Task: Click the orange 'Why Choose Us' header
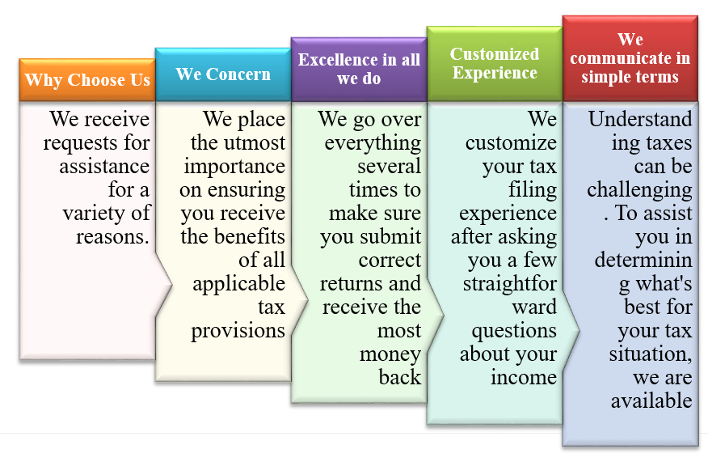click(x=87, y=79)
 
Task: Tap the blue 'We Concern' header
click(x=223, y=74)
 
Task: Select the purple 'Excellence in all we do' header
click(x=359, y=69)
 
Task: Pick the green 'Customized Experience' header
click(x=495, y=64)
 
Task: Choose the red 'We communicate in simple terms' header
click(x=630, y=58)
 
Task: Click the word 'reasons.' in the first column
click(x=112, y=236)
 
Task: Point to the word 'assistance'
click(x=104, y=166)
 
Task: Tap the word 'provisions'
click(x=238, y=331)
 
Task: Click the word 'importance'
click(x=234, y=167)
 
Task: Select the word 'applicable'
click(x=239, y=284)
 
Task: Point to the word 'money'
click(x=390, y=354)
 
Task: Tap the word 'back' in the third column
click(x=400, y=377)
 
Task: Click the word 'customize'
click(x=511, y=143)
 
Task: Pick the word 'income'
click(x=524, y=378)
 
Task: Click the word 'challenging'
click(x=639, y=190)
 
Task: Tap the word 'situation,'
click(x=651, y=354)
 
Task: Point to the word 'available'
click(x=651, y=401)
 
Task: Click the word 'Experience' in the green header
click(x=495, y=74)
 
